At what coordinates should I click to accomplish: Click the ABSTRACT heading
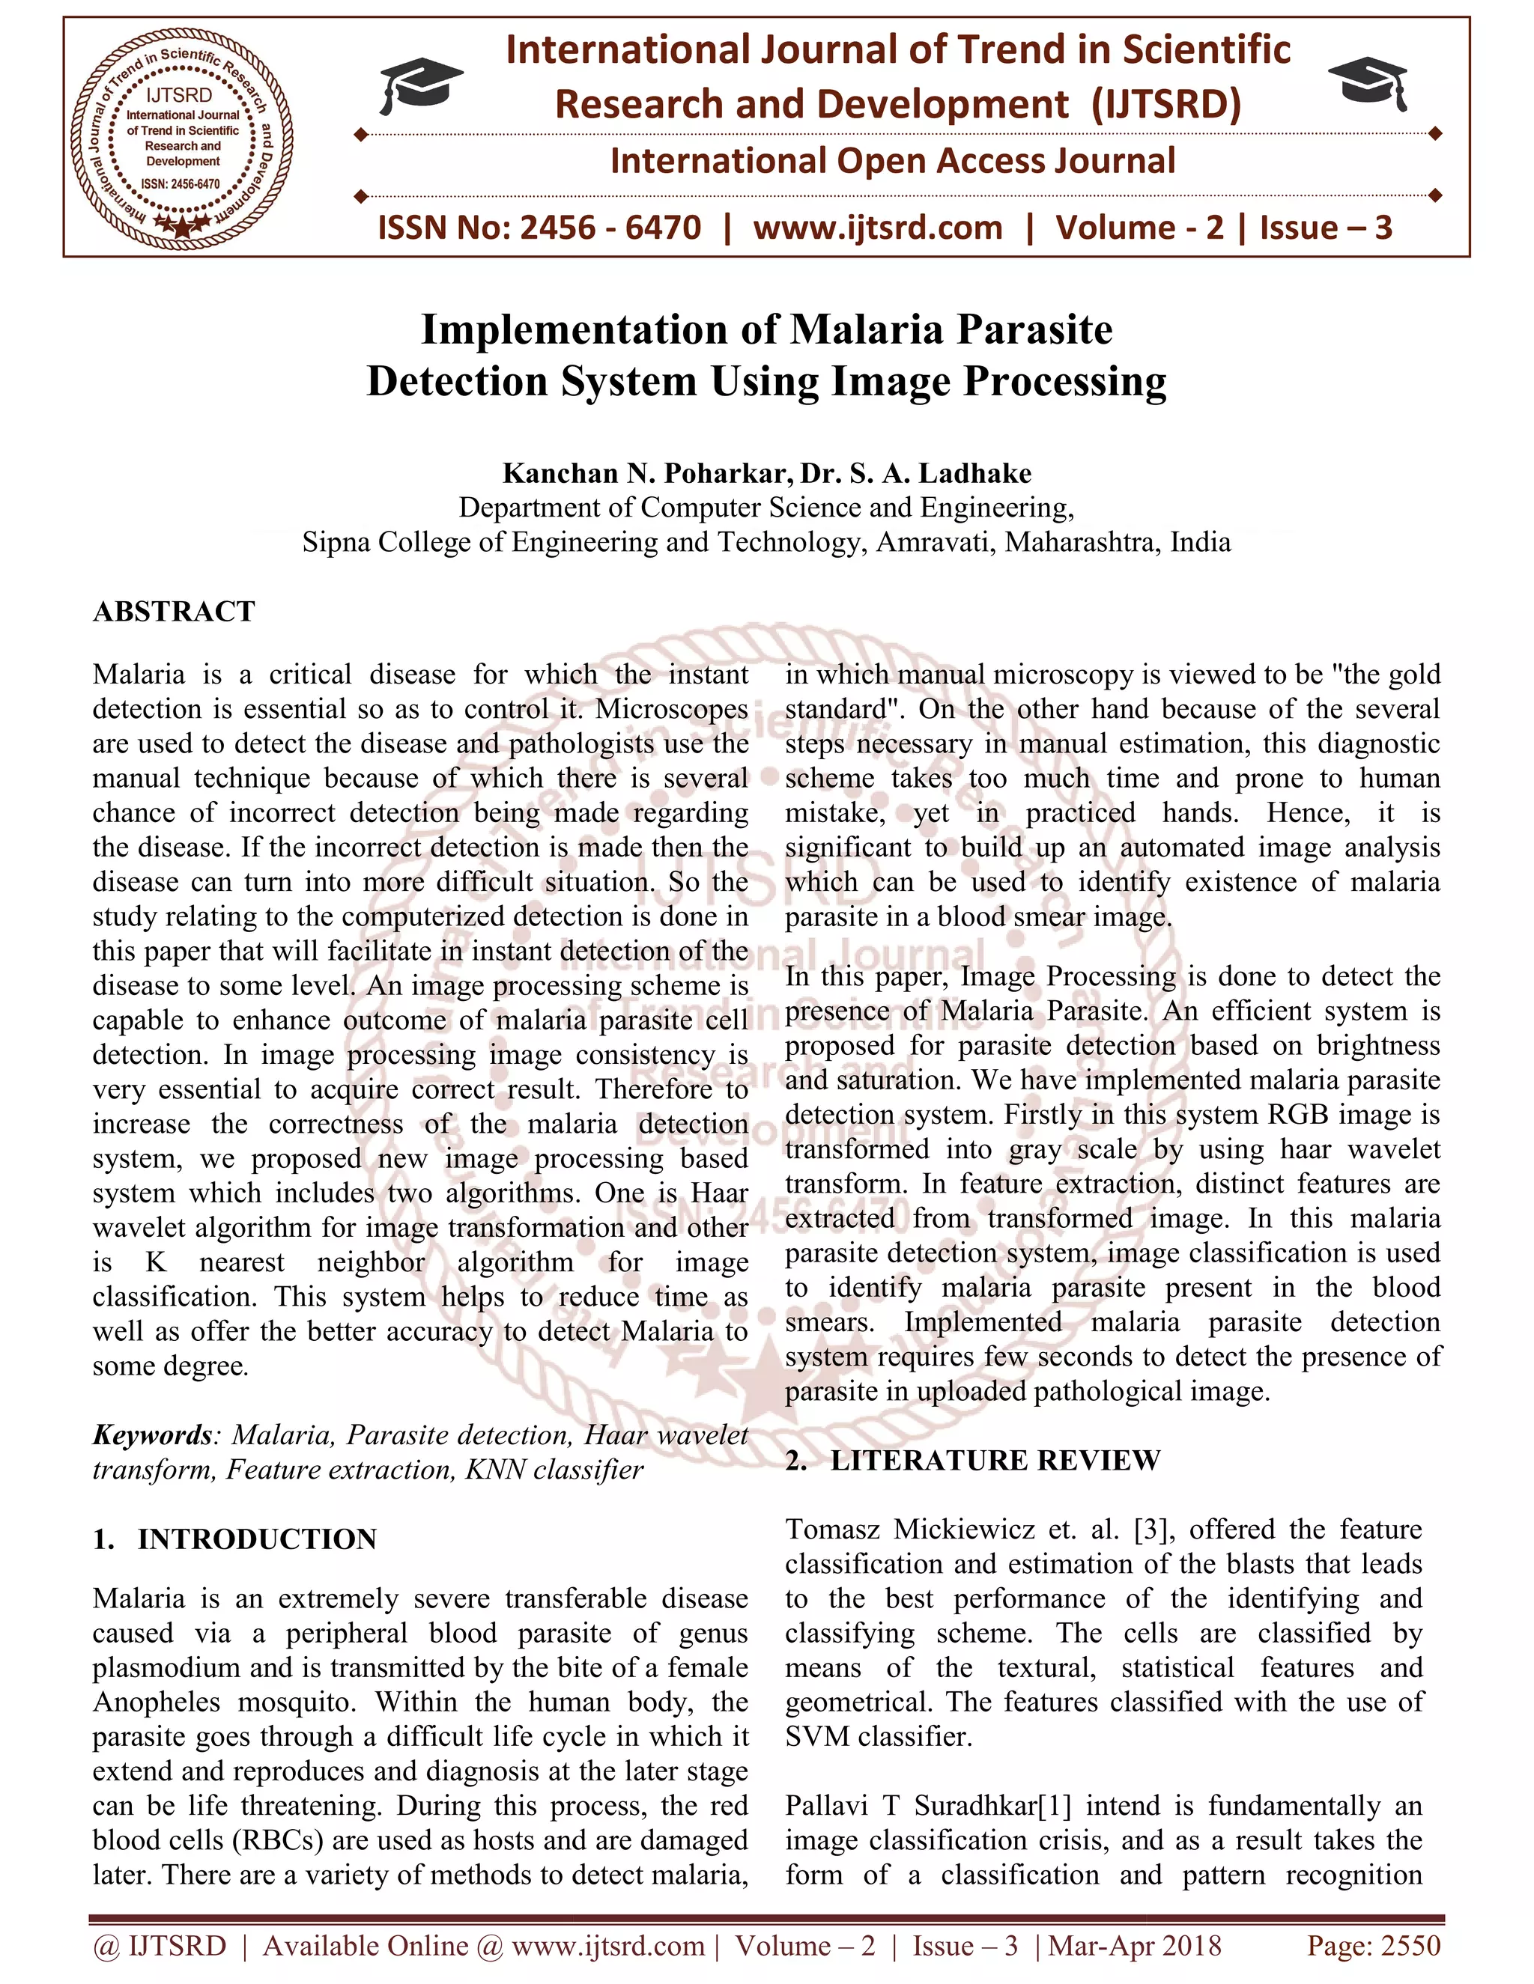(x=174, y=612)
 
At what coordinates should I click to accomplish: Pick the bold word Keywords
(x=152, y=1435)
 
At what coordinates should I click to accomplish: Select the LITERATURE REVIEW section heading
(x=995, y=1460)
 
